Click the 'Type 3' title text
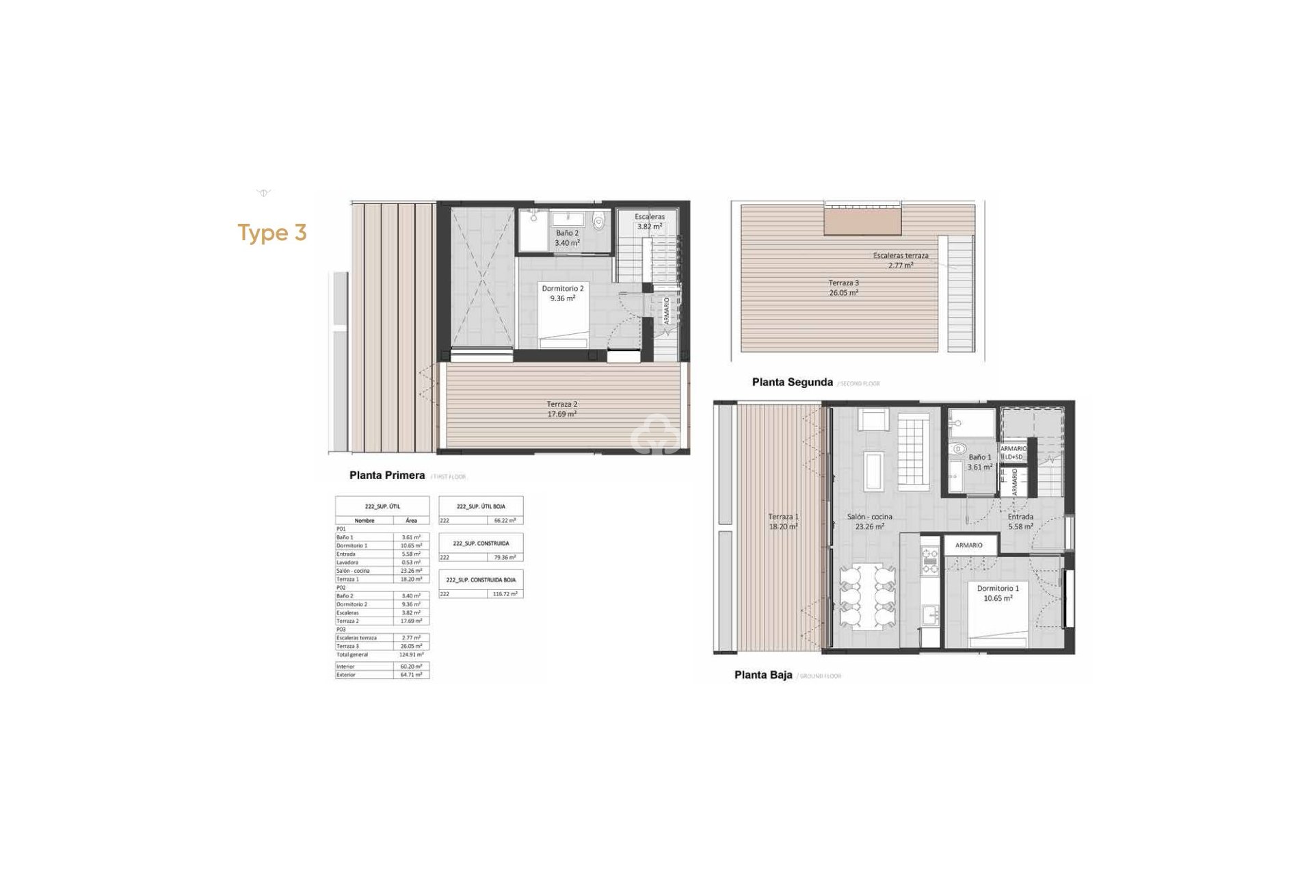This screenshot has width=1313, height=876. (272, 233)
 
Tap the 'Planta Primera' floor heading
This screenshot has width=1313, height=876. (387, 475)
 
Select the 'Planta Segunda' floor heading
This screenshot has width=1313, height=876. (792, 383)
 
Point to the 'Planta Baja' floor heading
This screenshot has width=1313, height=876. (763, 675)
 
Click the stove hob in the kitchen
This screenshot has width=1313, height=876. (930, 558)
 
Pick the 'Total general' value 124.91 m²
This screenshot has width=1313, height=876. (411, 655)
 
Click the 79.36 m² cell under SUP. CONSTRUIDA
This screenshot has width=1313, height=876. (506, 558)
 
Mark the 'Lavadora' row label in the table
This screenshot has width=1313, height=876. (347, 563)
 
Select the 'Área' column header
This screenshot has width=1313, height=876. (411, 521)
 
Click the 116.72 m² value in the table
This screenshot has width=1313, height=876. (506, 594)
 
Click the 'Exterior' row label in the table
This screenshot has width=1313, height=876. (346, 675)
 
